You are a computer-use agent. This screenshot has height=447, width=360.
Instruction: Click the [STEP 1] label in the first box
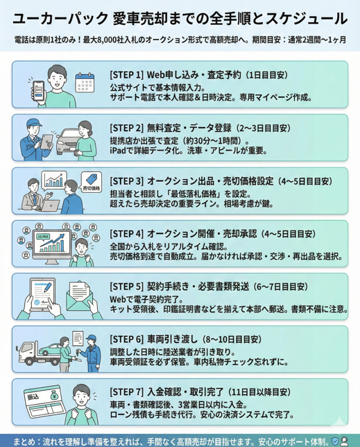(x=128, y=74)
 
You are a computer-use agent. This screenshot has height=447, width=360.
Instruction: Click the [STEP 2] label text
(x=128, y=128)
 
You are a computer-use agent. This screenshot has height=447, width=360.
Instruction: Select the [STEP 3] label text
(x=128, y=181)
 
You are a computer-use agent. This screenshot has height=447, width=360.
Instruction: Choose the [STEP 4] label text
(x=128, y=234)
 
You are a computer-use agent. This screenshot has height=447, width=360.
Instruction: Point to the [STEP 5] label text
(x=128, y=287)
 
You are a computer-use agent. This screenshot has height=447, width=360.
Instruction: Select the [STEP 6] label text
(x=128, y=340)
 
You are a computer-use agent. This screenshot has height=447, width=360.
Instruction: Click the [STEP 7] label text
(x=128, y=394)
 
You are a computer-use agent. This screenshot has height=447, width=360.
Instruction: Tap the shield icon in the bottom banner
(x=335, y=440)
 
